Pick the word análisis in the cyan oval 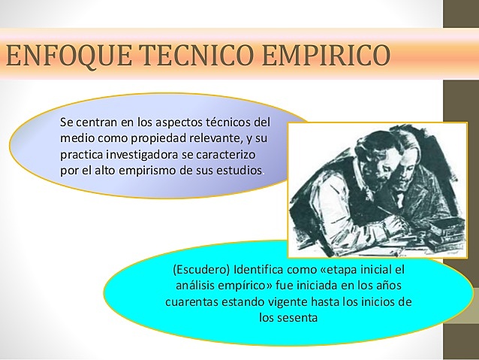pos(196,286)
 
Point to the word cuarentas pos(193,302)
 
